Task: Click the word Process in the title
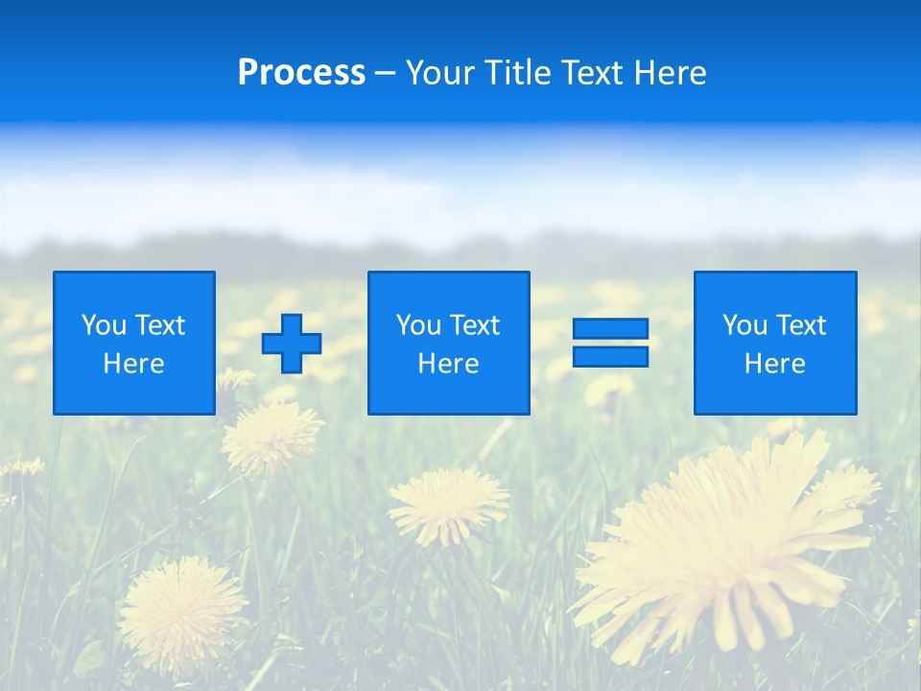coord(301,73)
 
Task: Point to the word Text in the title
coord(592,73)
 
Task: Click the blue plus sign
coord(292,344)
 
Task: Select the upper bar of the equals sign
coord(610,329)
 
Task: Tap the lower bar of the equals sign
coord(610,356)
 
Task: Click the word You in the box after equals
coord(744,325)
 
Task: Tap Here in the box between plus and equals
coord(448,364)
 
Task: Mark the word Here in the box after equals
coord(774,364)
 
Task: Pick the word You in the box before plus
coord(103,325)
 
